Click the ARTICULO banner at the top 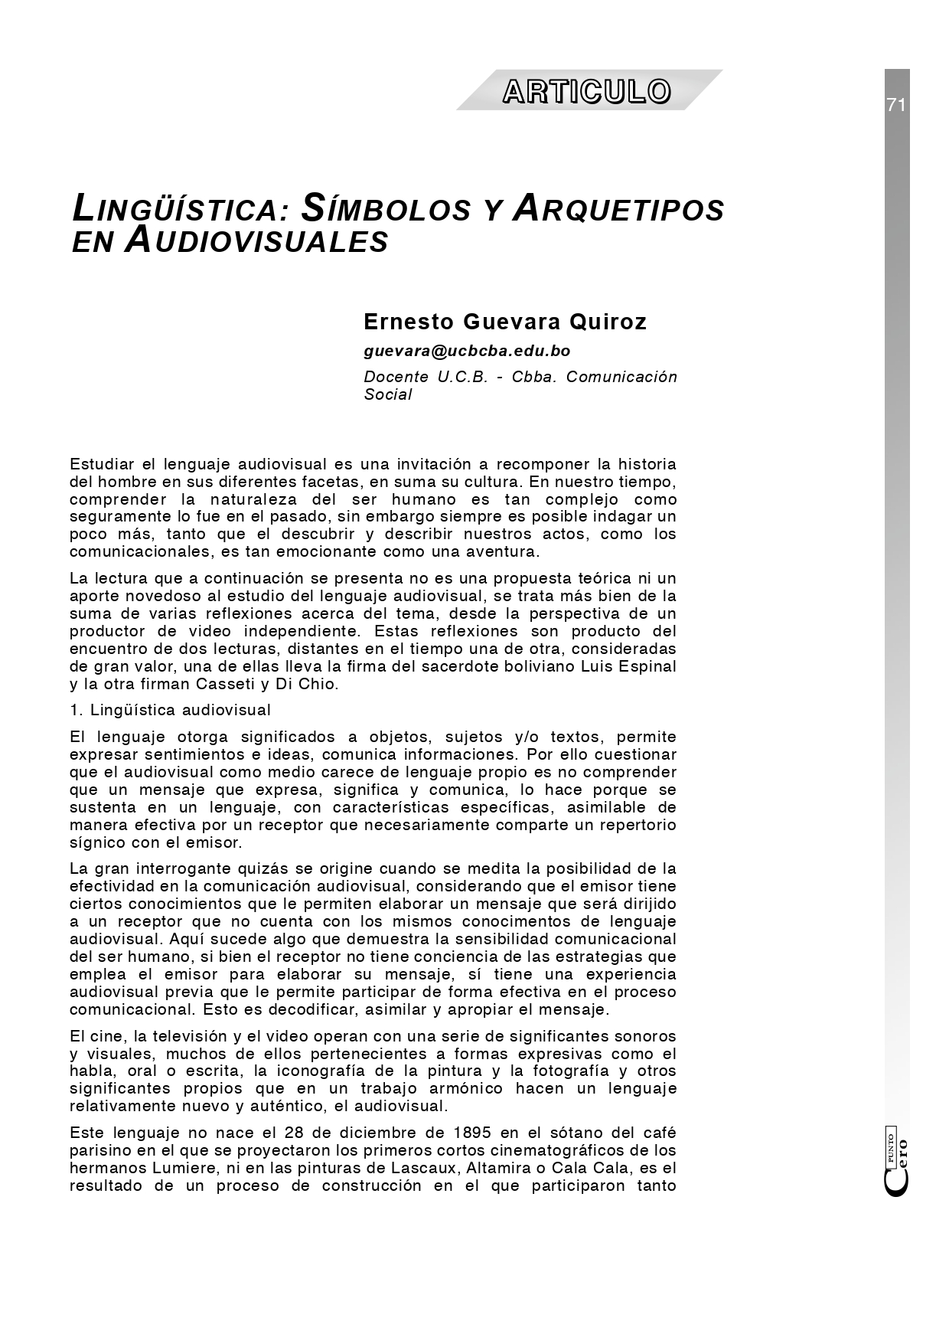click(587, 91)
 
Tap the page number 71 click(896, 106)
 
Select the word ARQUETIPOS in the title click(619, 209)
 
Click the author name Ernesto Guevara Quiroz click(505, 322)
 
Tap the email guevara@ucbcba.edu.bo click(467, 351)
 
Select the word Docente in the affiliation click(396, 377)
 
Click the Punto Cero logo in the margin click(897, 1164)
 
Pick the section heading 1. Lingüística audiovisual click(170, 710)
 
